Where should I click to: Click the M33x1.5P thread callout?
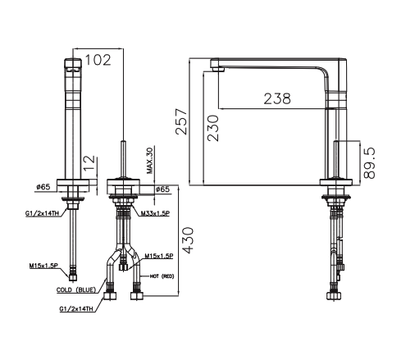[x=156, y=213]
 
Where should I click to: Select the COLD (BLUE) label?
[x=77, y=290]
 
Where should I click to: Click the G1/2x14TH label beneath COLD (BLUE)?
[x=75, y=309]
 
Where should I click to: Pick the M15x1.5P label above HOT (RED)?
[x=158, y=256]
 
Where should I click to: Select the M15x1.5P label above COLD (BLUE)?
[x=43, y=266]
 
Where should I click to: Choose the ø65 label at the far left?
[x=43, y=188]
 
